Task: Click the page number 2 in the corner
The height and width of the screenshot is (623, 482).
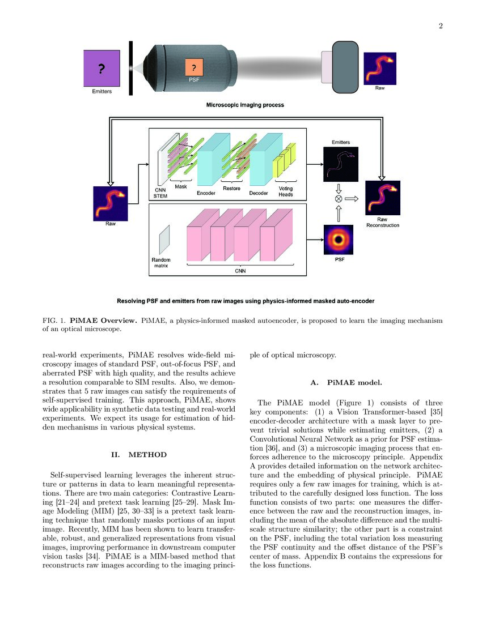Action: pos(440,25)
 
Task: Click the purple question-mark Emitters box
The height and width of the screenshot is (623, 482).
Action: pos(102,69)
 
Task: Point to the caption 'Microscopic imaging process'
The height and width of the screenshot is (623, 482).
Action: pos(244,105)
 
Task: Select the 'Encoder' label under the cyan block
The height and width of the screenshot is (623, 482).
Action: pos(206,193)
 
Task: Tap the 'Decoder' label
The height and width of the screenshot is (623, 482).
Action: pos(259,193)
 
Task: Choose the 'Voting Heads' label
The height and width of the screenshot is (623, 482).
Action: pos(286,191)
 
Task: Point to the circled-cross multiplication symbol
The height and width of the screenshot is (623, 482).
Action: pos(339,199)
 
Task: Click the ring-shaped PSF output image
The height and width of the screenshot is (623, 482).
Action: pos(339,240)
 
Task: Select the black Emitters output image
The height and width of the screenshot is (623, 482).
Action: pos(339,164)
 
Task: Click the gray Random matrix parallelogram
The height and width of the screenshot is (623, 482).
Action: pos(163,240)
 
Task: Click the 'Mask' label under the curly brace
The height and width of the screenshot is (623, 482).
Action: pos(181,186)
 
